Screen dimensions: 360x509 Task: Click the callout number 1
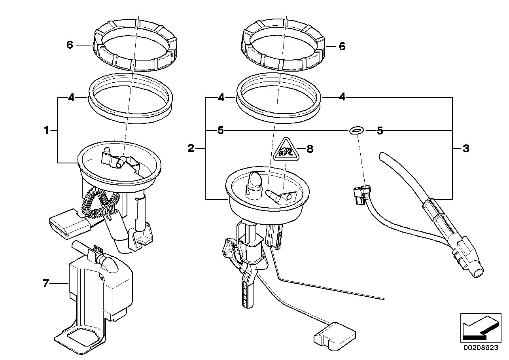point(46,130)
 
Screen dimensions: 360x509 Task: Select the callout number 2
point(191,149)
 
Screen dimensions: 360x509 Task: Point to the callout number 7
point(46,283)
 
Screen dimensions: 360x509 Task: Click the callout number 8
point(310,149)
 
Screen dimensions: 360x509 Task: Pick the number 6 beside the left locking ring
point(70,45)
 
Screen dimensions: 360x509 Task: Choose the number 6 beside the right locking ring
point(342,47)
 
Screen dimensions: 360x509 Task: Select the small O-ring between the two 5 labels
point(356,130)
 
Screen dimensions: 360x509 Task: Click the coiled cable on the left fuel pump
point(97,203)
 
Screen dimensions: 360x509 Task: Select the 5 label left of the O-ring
point(221,131)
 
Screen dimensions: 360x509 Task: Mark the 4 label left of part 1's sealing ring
point(71,97)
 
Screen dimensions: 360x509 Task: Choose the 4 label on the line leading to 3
point(342,97)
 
